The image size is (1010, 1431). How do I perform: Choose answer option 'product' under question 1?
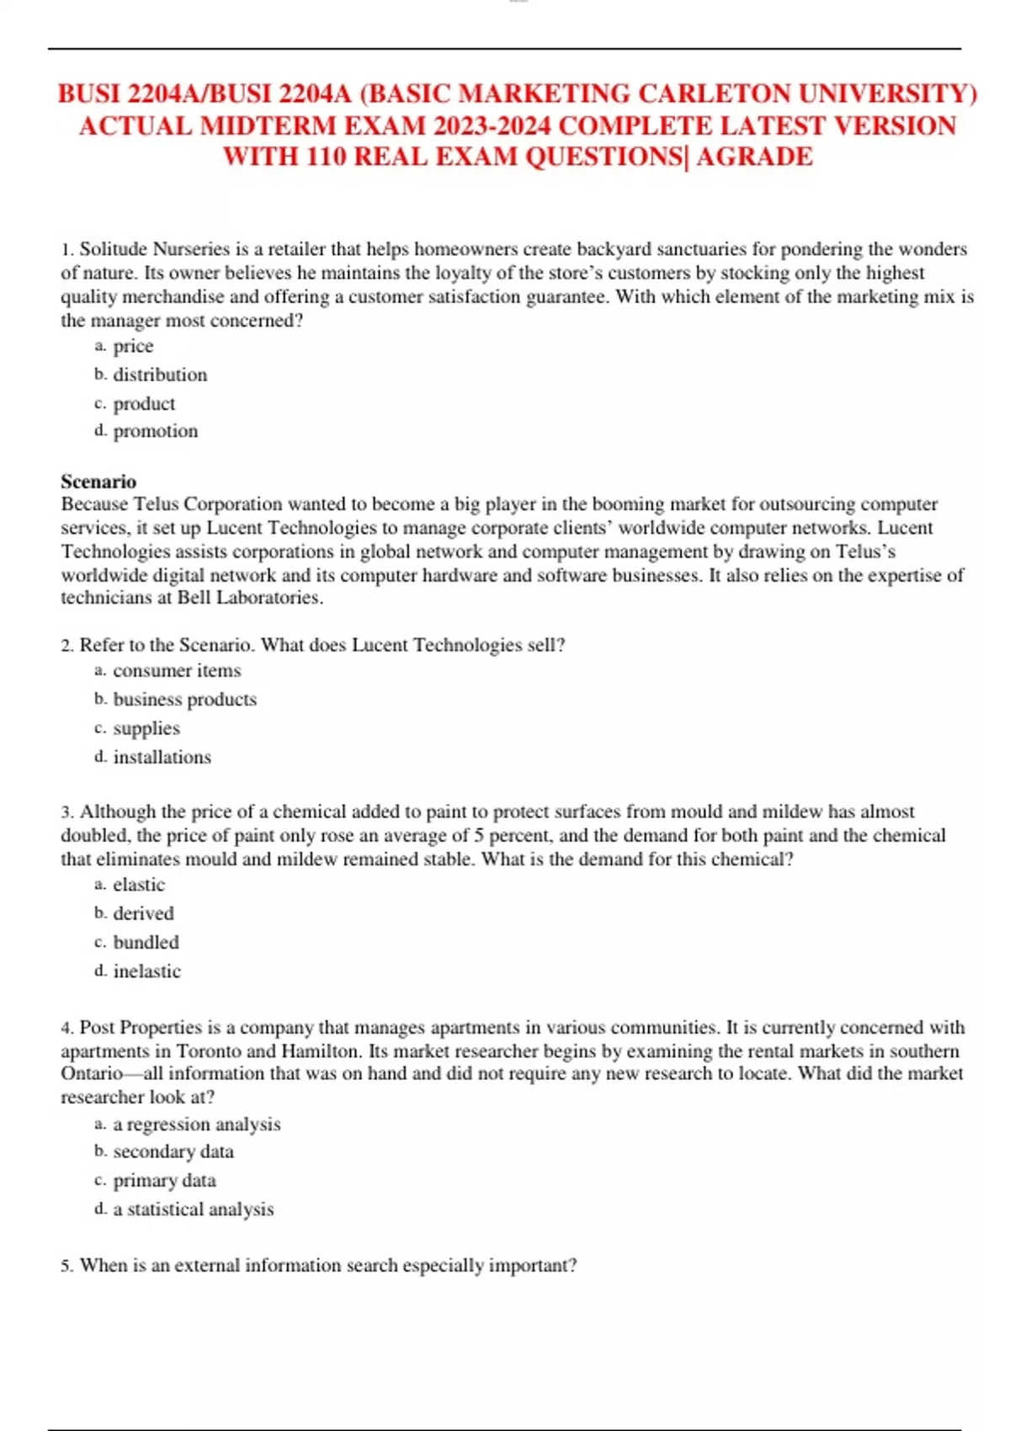coord(144,404)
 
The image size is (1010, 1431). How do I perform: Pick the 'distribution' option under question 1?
coord(160,375)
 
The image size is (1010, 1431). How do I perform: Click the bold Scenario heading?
coord(98,481)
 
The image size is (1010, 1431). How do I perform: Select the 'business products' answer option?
coord(184,700)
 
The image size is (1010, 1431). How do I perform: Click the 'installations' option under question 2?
coord(162,758)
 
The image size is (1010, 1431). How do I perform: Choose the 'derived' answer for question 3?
coord(143,913)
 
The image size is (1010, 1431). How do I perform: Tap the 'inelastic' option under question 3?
coord(146,971)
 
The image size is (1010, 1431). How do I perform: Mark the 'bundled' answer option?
coord(146,942)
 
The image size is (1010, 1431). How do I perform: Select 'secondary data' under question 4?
coord(173,1152)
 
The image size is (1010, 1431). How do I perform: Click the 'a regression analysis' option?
coord(196,1125)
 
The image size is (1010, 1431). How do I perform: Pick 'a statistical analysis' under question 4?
coord(193,1210)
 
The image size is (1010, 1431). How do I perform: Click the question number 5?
coord(66,1266)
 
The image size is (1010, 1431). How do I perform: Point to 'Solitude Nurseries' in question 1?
coord(154,249)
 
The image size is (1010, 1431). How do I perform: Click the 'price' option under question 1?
coord(133,346)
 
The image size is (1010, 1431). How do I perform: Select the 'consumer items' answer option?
coord(177,671)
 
